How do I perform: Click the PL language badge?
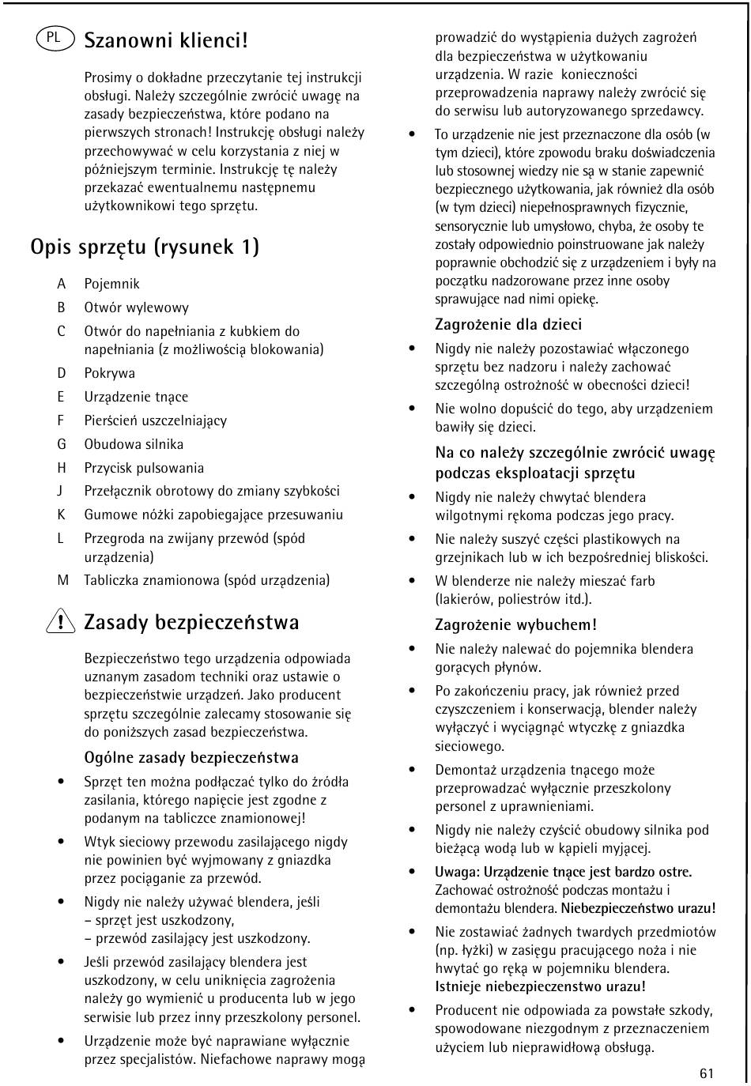(54, 37)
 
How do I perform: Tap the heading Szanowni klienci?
(166, 40)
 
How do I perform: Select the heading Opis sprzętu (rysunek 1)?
(145, 247)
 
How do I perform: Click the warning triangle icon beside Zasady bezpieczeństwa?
(61, 624)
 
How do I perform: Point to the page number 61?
(706, 1073)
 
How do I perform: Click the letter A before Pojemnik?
(61, 284)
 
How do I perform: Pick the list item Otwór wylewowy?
(136, 307)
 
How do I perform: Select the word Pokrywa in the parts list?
(109, 373)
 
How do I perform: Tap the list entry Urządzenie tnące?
(136, 397)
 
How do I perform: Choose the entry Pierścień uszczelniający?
(155, 420)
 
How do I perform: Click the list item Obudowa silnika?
(134, 444)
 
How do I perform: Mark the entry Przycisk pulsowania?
(144, 468)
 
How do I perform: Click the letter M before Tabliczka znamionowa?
(62, 580)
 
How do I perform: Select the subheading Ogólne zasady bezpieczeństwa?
(191, 758)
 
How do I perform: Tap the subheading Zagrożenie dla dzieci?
(508, 325)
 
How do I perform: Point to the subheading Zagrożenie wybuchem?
(515, 625)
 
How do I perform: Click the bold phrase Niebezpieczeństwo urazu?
(638, 908)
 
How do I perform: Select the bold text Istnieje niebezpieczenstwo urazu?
(540, 986)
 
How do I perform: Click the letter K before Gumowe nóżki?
(61, 515)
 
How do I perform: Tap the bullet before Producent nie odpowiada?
(412, 1010)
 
